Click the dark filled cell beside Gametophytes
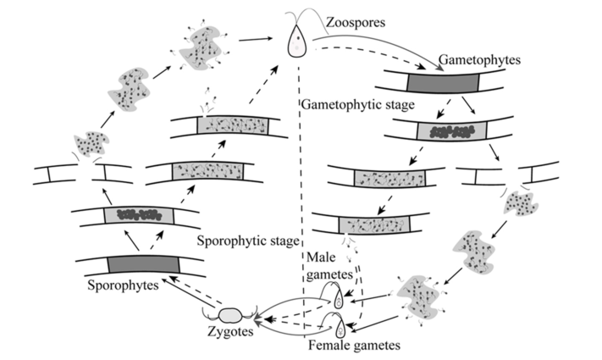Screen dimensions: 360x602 (445, 81)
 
